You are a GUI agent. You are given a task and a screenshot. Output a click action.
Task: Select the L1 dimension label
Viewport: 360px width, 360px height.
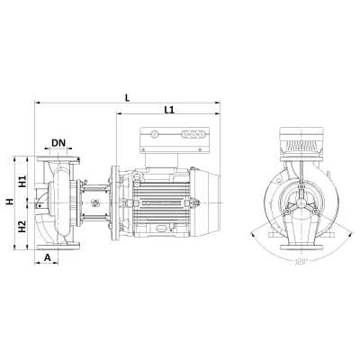(x=170, y=110)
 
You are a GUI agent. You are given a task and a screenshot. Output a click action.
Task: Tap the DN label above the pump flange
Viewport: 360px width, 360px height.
(x=58, y=142)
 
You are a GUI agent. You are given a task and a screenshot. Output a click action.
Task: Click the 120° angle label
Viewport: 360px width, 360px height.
(x=301, y=261)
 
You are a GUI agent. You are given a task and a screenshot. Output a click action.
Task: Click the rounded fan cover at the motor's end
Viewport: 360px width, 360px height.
(x=212, y=197)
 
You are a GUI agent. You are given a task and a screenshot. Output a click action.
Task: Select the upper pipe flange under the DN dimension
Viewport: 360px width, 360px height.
(x=58, y=159)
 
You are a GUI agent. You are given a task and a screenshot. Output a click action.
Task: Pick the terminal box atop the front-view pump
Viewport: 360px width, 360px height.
(x=302, y=143)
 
